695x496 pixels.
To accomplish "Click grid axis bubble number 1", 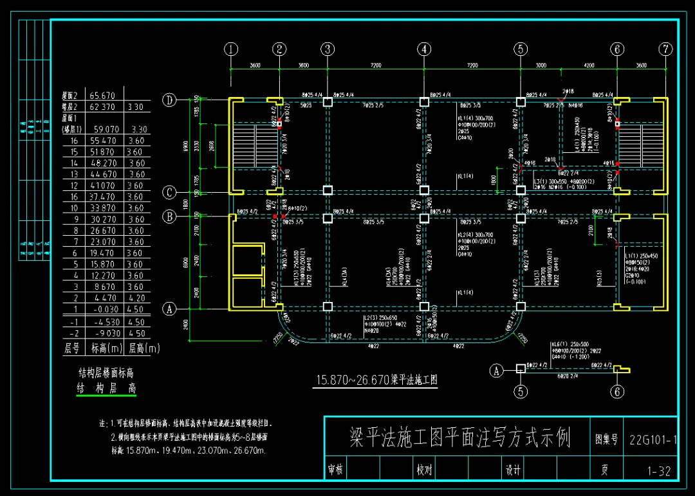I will click(231, 49).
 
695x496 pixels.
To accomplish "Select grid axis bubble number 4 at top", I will click(423, 49).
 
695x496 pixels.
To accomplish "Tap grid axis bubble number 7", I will click(666, 49).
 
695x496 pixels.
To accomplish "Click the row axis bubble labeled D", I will click(169, 100).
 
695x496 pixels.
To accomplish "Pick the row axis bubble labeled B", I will click(169, 217).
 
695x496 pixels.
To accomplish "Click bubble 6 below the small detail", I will click(617, 392).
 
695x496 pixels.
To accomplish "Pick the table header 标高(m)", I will click(106, 349).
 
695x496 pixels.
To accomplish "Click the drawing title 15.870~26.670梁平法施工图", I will click(376, 380).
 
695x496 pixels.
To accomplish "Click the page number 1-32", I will click(659, 471).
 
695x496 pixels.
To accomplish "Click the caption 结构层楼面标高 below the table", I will click(106, 373).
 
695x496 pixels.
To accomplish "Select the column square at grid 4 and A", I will click(423, 306).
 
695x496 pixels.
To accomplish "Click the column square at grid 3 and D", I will click(328, 102).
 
